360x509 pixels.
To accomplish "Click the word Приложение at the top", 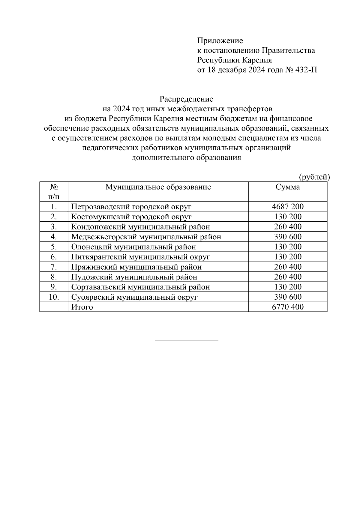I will [x=220, y=40].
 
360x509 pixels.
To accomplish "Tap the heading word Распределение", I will [x=186, y=99].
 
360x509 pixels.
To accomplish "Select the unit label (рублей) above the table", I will [x=314, y=177].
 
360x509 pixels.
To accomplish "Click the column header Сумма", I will [x=287, y=187].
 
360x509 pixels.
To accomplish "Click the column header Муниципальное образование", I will [x=158, y=187].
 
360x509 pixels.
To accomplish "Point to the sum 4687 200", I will [x=287, y=207].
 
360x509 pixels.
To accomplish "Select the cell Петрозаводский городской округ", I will [x=131, y=207].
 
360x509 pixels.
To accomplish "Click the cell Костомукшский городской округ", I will [x=131, y=217].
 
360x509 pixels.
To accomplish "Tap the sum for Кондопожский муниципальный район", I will [x=287, y=227].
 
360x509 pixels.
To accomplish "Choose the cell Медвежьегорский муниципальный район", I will [x=146, y=237].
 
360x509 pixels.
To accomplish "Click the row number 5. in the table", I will [x=54, y=247].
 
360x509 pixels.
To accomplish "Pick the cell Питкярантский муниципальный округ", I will [x=140, y=257].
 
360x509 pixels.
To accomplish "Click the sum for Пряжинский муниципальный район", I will [x=287, y=267].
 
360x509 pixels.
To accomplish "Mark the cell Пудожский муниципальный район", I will [x=134, y=277].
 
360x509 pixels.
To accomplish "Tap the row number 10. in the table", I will [x=54, y=297].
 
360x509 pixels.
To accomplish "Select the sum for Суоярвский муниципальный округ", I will [x=287, y=297].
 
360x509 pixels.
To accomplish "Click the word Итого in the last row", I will [x=82, y=307].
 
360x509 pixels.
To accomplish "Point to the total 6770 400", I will [x=287, y=307].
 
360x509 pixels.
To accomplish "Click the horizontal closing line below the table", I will [x=186, y=341].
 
